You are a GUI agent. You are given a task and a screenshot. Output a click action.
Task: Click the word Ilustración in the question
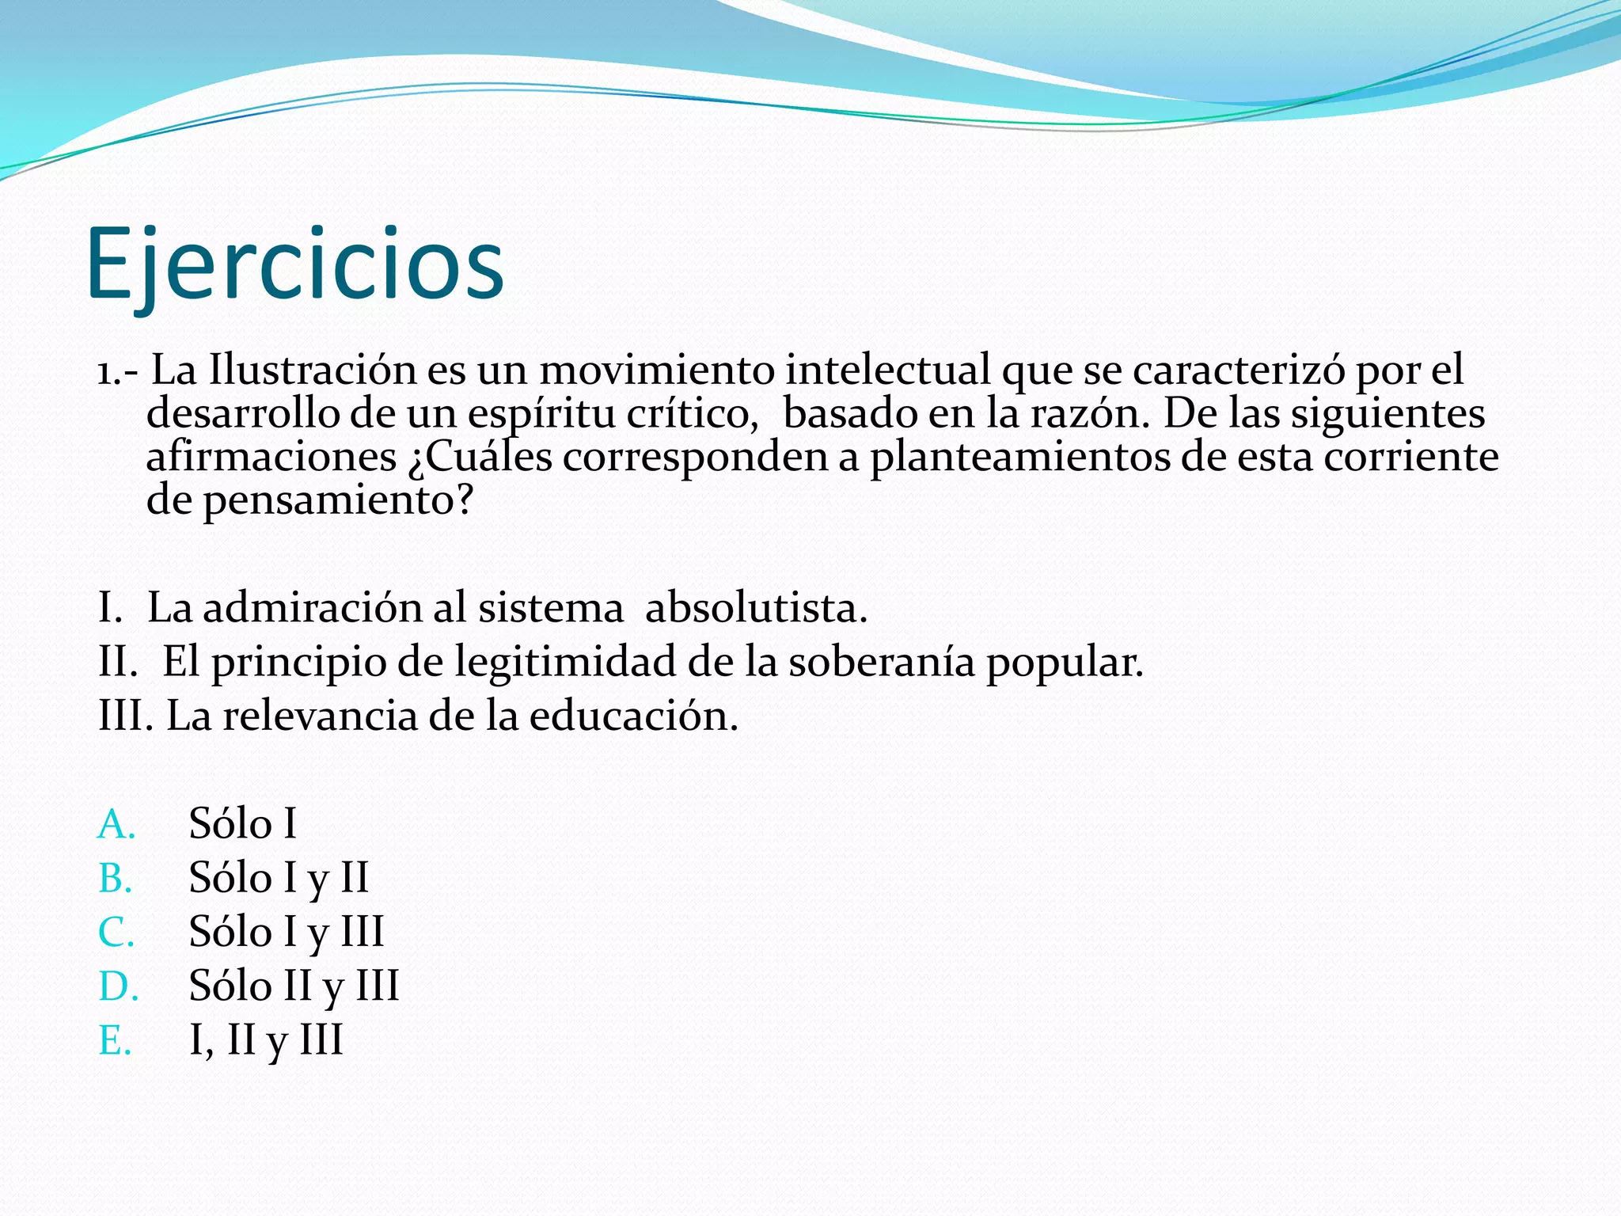pos(312,370)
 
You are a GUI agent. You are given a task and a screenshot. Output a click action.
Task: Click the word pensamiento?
pos(338,500)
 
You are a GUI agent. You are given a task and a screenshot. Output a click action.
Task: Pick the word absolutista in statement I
pos(756,608)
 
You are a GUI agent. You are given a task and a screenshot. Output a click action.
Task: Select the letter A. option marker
pos(116,824)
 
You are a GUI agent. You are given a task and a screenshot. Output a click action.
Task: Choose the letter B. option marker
pos(116,878)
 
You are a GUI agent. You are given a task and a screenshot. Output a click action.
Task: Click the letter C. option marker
pos(116,932)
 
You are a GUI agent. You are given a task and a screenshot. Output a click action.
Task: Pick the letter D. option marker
pos(118,986)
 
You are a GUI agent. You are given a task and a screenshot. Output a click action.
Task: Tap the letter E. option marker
pos(115,1040)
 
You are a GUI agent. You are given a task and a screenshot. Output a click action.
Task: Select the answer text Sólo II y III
pos(294,986)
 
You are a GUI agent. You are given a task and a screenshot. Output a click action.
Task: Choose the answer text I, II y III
pos(266,1040)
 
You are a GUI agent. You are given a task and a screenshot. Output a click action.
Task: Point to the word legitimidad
pos(565,662)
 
